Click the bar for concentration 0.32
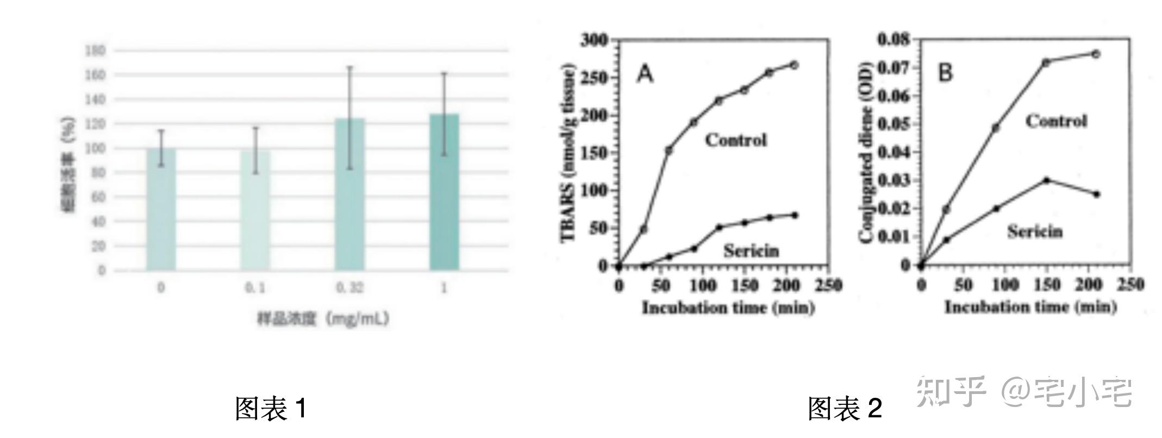click(x=349, y=194)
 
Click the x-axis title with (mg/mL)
click(x=323, y=318)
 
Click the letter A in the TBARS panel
click(x=645, y=73)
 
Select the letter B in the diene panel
click(x=946, y=72)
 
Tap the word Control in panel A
click(x=736, y=140)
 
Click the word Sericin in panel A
click(x=751, y=251)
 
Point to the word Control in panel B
click(x=1056, y=121)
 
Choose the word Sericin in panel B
click(x=1035, y=231)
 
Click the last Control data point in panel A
click(x=794, y=65)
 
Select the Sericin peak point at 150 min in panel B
click(x=1046, y=180)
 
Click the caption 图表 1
click(x=270, y=409)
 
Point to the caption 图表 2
click(x=845, y=409)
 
